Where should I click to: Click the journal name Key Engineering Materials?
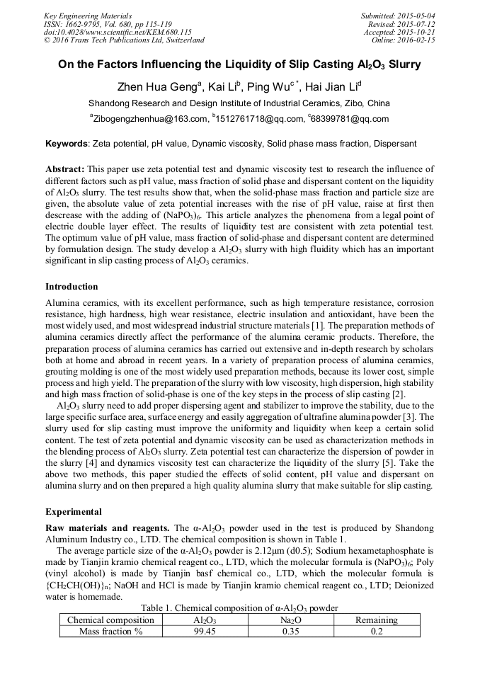[88, 16]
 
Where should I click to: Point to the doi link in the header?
[118, 33]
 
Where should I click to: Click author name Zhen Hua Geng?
[158, 87]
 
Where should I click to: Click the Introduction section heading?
[72, 287]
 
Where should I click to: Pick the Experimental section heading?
[74, 511]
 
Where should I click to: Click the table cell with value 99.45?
[205, 632]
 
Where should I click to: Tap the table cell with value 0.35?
[290, 632]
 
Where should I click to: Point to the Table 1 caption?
[239, 608]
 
